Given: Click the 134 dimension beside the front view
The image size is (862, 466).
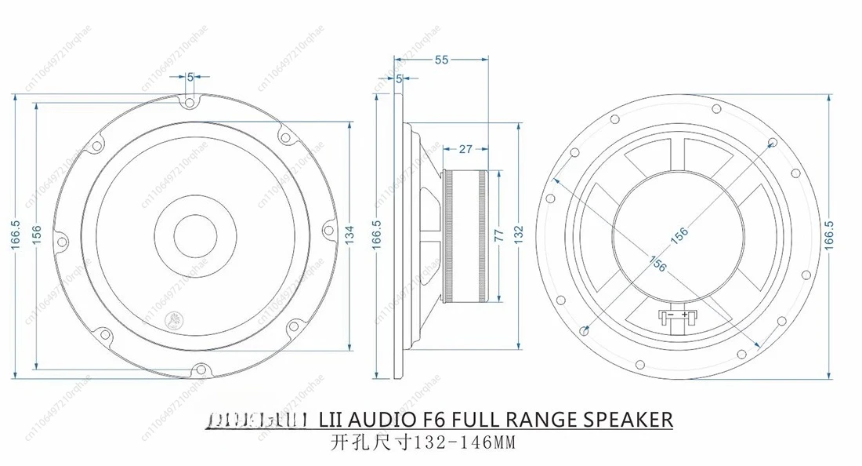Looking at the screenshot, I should coord(350,234).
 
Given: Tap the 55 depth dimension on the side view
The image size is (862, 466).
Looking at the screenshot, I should coord(442,60).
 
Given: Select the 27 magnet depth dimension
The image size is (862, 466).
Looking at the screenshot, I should coord(465,148).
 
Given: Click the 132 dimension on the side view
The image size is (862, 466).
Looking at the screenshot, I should coord(518,235).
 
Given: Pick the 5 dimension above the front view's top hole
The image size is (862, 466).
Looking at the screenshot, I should coord(190,77).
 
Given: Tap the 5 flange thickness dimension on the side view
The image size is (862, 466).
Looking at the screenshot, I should coord(400,78).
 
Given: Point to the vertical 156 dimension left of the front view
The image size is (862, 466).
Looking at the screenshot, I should coord(36,235).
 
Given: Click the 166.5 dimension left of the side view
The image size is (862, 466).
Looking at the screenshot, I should coord(376,235).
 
